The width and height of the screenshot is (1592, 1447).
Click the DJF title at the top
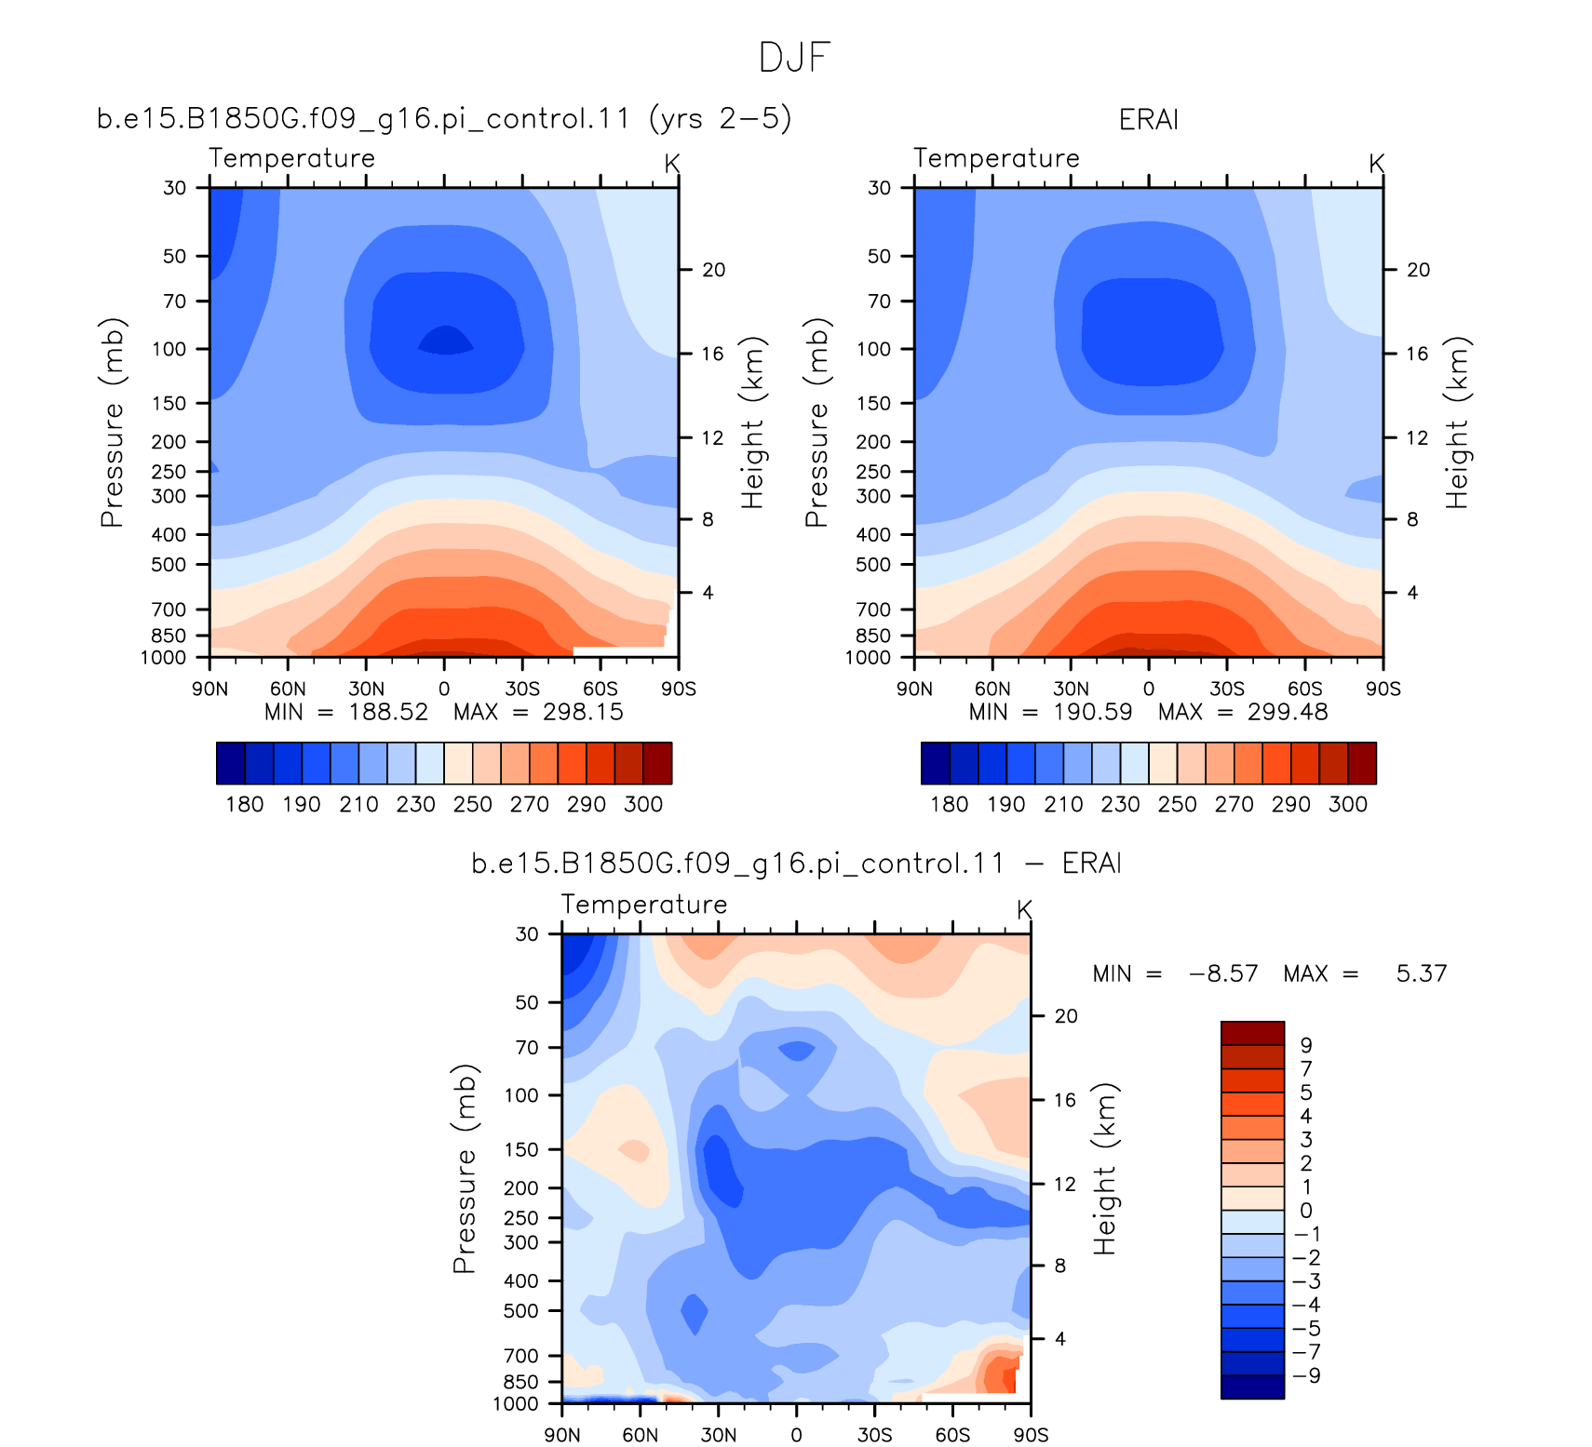794,57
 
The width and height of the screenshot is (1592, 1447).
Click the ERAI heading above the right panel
1148,119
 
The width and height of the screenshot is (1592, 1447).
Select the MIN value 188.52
388,712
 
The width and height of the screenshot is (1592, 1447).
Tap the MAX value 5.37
1422,973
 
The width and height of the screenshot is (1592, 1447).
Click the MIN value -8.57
1223,973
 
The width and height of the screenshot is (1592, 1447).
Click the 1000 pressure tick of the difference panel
515,1403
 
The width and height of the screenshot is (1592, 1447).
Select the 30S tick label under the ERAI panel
1226,689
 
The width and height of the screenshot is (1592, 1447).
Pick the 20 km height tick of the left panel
713,270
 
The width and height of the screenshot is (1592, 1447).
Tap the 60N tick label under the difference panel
640,1435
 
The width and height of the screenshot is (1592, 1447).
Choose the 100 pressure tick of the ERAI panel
873,349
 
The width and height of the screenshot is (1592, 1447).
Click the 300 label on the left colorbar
643,804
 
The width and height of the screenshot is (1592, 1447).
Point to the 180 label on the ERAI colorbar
949,804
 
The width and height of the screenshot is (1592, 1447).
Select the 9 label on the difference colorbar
1305,1045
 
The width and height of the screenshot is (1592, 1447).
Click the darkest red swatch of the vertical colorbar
1252,1033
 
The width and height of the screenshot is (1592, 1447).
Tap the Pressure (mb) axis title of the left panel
112,422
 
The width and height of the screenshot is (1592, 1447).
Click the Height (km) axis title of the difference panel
1104,1169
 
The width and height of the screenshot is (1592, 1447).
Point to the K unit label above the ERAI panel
1377,164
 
